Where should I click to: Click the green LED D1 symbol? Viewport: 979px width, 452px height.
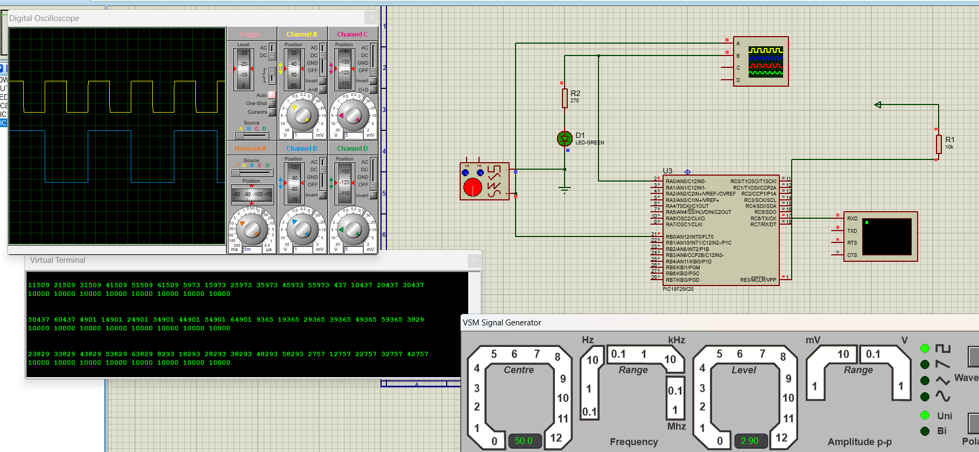pos(564,139)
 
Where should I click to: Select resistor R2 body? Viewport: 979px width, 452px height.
pos(565,98)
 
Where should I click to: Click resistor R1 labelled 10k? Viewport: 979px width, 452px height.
pos(939,144)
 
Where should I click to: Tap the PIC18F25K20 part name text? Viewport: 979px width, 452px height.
pos(678,289)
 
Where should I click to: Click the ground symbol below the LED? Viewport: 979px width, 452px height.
pos(565,189)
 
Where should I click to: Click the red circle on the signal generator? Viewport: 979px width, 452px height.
pos(473,187)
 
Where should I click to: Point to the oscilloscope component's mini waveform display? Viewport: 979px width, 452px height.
pos(765,61)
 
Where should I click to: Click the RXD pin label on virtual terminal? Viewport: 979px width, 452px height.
pos(853,219)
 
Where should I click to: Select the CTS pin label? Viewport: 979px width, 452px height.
pos(852,255)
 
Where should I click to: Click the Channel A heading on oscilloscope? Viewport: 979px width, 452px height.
pos(301,34)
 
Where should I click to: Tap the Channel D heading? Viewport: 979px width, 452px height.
pos(352,149)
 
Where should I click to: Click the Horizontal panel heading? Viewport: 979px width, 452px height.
pos(250,149)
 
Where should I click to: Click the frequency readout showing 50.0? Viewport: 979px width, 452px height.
pos(523,441)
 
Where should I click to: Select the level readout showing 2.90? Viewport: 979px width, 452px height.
pos(749,441)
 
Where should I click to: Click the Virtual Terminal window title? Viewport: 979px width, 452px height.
pos(58,260)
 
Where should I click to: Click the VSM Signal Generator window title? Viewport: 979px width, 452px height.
pos(502,323)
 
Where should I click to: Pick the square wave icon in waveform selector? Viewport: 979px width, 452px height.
pos(942,349)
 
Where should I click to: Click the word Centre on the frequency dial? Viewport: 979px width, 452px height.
pos(519,370)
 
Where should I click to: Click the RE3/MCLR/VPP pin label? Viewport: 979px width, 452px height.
pos(758,280)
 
